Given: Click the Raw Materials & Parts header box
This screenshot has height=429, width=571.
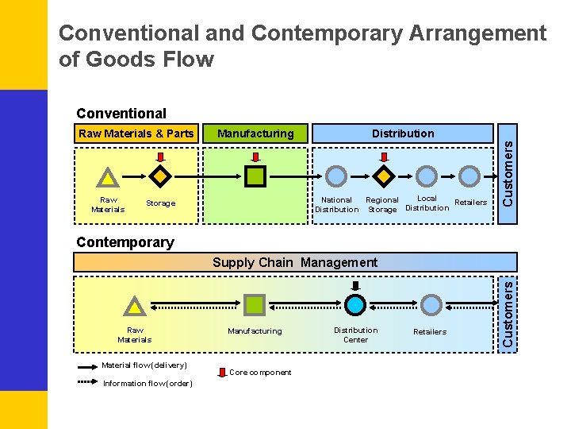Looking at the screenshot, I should (136, 133).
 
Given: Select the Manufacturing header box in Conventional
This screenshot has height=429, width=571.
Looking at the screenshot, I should (255, 133).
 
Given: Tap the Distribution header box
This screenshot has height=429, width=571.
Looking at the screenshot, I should (403, 133).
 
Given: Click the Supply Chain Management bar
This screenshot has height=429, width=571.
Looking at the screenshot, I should (295, 262).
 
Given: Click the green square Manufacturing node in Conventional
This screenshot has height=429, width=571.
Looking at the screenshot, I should (255, 176).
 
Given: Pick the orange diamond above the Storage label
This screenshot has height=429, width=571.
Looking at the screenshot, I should (160, 176).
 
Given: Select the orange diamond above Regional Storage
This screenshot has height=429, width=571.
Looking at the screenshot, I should (383, 176).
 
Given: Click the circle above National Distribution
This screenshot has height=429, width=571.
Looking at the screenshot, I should (337, 176).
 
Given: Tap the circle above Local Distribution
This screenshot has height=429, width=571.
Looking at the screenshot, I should (427, 176).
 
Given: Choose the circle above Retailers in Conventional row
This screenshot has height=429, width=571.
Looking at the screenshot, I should (470, 176).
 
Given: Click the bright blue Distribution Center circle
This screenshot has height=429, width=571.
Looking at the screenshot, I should (356, 304).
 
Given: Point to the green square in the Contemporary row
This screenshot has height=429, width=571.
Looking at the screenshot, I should (255, 304).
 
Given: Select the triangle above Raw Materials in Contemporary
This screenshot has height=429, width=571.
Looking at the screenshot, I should (135, 305).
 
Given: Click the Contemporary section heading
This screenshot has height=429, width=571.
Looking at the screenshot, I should (125, 242).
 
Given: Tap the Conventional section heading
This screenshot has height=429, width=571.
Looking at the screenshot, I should (121, 114).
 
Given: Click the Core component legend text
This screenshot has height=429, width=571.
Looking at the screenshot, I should (260, 373).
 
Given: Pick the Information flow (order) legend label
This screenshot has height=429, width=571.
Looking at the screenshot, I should (148, 384).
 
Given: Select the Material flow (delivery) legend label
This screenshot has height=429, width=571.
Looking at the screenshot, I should (144, 365).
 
